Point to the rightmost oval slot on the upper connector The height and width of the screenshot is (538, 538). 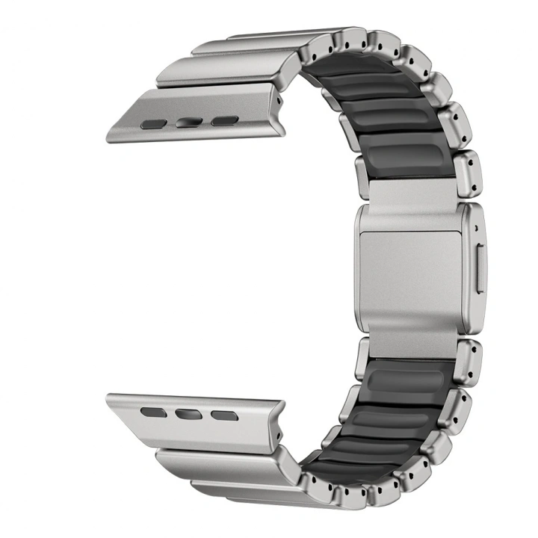(x=223, y=120)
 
